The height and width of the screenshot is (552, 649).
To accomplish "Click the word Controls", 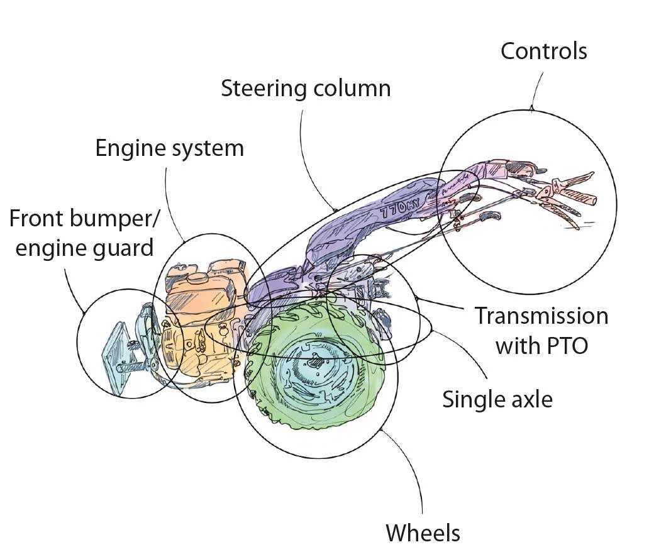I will (x=543, y=51).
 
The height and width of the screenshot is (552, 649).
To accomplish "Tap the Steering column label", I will (x=306, y=88).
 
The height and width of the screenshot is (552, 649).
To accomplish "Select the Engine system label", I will (x=169, y=148).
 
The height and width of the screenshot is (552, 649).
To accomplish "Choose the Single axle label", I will (x=497, y=399).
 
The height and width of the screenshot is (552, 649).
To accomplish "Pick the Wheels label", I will (x=423, y=533).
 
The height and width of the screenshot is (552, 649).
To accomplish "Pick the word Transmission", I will (x=541, y=315).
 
